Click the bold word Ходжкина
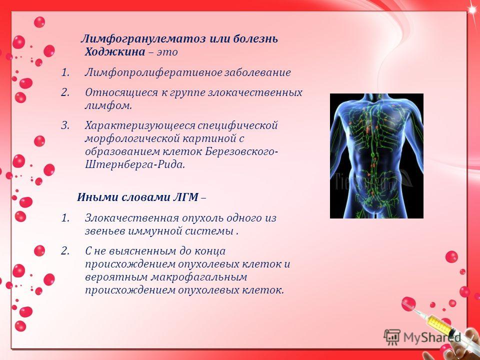pos(115,52)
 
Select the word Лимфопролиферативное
pos(153,73)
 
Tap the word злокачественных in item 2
pos(255,92)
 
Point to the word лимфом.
pos(108,106)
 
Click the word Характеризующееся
pos(140,126)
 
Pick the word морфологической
pos(132,139)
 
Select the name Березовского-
pos(241,152)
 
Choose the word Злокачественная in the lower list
pos(132,218)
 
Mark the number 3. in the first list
pos(65,125)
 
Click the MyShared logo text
pos(432,337)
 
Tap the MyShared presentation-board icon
pos(392,337)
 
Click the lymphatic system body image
pos(376,156)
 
